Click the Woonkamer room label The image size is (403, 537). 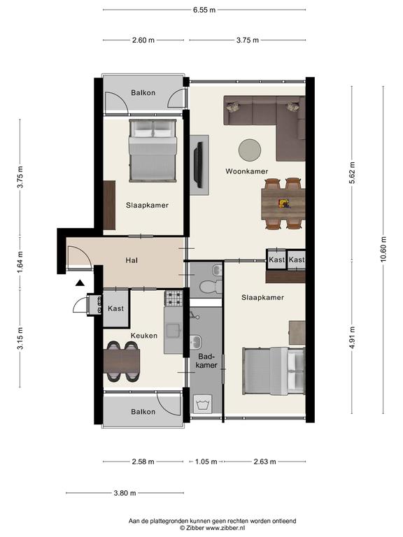tap(247, 171)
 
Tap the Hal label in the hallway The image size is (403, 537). tap(132, 261)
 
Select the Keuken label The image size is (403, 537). tap(144, 336)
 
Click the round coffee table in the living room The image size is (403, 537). tap(250, 150)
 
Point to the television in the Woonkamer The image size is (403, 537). tap(198, 164)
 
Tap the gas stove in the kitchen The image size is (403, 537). tap(174, 298)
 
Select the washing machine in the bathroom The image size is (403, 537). tap(203, 403)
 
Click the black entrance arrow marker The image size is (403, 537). tap(80, 282)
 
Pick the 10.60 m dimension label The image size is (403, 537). tap(383, 250)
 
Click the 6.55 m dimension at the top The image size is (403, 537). tap(204, 10)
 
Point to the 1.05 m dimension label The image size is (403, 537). tap(206, 461)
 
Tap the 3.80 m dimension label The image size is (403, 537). tap(125, 493)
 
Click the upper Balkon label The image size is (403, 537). tap(143, 93)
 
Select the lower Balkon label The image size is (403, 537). tap(143, 412)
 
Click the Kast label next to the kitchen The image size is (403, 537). tap(116, 308)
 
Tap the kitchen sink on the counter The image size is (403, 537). tap(174, 331)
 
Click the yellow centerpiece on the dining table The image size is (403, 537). tap(285, 203)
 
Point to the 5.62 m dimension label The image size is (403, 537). tap(352, 173)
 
